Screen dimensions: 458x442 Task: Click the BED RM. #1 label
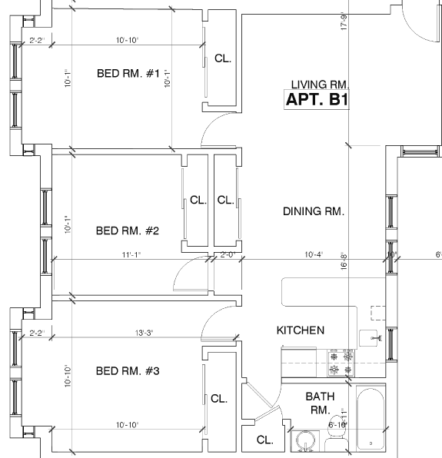[128, 74]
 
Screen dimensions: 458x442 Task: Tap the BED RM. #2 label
[127, 231]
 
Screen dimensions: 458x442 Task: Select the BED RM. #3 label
[127, 372]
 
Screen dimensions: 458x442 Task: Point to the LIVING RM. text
[321, 85]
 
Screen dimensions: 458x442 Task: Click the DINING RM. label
[313, 211]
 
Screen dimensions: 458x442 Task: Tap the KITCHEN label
[301, 330]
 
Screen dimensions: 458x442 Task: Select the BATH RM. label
[320, 403]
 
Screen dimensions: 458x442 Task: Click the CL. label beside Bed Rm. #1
[223, 58]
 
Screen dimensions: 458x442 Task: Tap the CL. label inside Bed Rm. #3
[219, 399]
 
